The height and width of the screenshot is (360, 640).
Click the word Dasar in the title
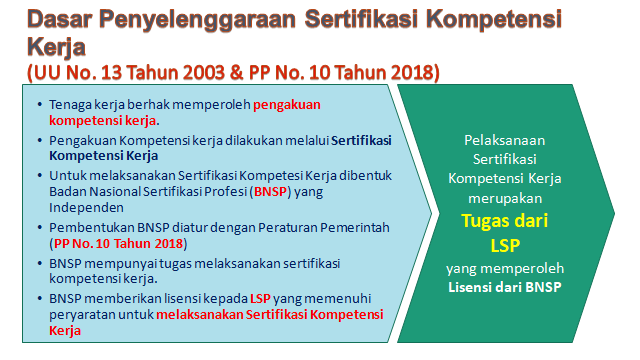click(x=60, y=19)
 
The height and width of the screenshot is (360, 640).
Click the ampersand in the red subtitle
click(x=237, y=73)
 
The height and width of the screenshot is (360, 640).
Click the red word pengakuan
click(x=287, y=105)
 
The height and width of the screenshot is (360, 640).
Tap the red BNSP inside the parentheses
click(x=270, y=191)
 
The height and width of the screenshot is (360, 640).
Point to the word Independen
click(x=86, y=208)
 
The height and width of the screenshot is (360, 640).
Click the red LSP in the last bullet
click(x=260, y=299)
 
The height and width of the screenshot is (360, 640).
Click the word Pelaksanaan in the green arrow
click(x=504, y=140)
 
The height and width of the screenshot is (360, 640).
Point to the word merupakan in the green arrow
click(x=505, y=199)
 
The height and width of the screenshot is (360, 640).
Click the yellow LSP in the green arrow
click(x=505, y=246)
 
